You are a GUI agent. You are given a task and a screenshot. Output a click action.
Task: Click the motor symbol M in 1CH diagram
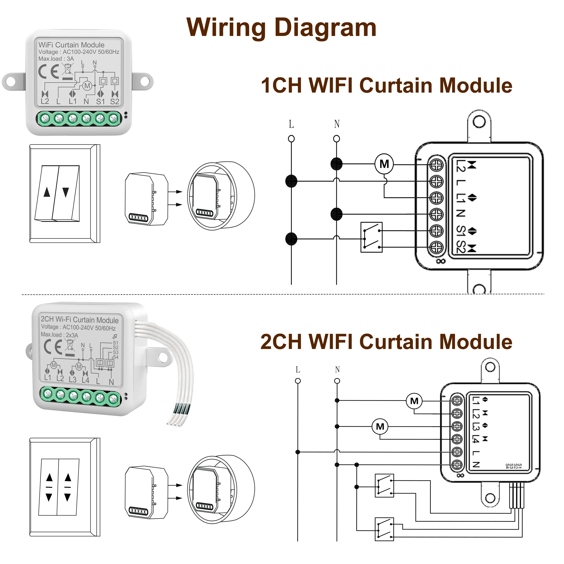point(384,164)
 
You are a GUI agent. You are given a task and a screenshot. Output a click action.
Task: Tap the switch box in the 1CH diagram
point(371,237)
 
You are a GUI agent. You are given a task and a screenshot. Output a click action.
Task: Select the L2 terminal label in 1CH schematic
point(460,165)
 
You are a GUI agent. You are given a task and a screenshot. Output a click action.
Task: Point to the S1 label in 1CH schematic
point(460,231)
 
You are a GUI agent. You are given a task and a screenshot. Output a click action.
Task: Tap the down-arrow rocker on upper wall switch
point(66,193)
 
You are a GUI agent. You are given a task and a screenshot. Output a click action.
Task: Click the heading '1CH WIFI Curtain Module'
point(386,86)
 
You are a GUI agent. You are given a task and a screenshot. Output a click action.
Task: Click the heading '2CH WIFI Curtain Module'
point(386,342)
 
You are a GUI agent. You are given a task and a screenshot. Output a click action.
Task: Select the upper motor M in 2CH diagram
point(414,401)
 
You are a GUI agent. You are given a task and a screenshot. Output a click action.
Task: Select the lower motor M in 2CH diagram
point(380,427)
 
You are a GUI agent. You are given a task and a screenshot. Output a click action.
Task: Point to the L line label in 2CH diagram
point(298,370)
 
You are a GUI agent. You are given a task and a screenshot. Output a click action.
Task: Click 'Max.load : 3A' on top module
point(56,59)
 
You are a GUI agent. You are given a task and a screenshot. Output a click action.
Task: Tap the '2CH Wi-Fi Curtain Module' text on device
point(79,320)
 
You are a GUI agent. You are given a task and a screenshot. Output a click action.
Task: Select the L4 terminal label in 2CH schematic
point(476,439)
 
